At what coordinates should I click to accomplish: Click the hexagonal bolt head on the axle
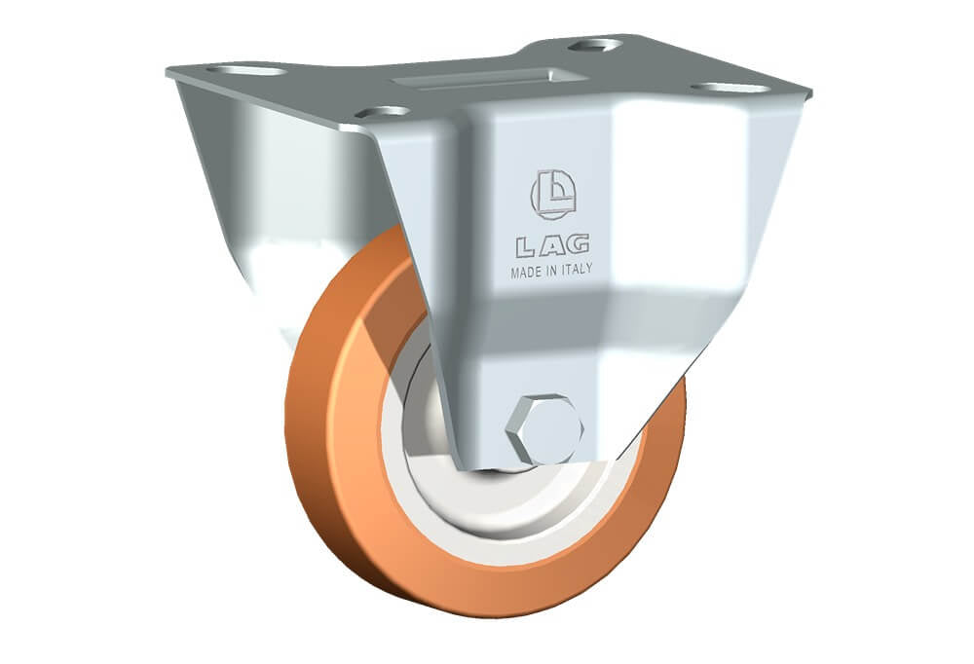coord(544,429)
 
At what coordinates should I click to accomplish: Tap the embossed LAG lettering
coord(552,246)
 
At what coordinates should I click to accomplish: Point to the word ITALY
coord(577,269)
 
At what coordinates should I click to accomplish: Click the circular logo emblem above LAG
coord(553,195)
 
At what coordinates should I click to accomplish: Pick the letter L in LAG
coord(526,248)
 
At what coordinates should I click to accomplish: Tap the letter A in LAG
coord(552,246)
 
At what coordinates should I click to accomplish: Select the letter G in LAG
coord(578,244)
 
